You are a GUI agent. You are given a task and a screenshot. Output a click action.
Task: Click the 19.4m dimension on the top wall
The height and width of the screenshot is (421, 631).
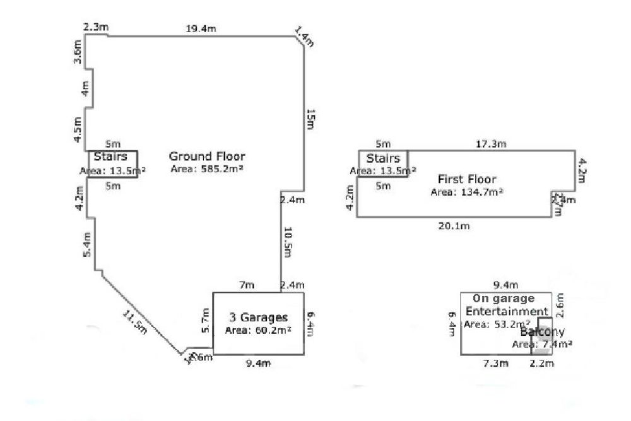tap(198, 28)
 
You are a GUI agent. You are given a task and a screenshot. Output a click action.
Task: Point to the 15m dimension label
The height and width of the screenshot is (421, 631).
tap(310, 119)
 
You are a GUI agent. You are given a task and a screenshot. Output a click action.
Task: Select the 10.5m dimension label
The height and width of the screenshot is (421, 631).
tap(287, 242)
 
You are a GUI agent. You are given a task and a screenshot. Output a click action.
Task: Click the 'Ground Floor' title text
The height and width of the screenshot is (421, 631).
tap(207, 157)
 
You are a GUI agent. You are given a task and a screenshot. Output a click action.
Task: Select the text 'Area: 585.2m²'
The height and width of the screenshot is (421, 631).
tap(207, 169)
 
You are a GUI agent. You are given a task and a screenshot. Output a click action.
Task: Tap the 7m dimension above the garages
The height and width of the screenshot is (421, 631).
tap(245, 286)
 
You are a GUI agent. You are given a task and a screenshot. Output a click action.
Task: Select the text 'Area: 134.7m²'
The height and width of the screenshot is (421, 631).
tap(466, 192)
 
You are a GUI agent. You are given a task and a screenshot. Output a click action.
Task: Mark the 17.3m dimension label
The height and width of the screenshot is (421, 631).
tap(490, 144)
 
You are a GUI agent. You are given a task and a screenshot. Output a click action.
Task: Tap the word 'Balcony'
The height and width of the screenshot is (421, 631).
tap(542, 332)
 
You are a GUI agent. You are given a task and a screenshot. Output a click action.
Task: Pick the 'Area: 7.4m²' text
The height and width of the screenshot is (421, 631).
tap(542, 344)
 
